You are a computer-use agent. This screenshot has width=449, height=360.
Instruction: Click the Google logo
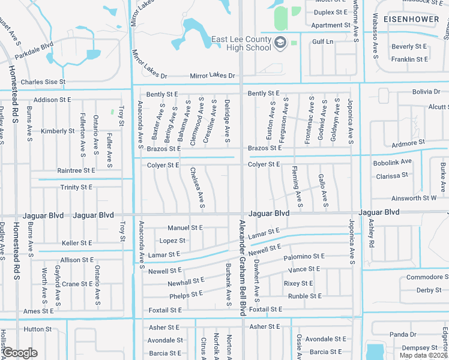pos(20,353)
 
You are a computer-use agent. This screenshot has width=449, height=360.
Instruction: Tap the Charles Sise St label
pos(43,82)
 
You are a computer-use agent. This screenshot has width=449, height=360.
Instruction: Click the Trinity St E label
pos(77,187)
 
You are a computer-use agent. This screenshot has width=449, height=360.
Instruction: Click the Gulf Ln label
pos(322,41)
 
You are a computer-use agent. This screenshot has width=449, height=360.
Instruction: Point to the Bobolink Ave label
pos(393,162)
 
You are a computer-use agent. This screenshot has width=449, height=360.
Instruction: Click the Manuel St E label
pos(185,228)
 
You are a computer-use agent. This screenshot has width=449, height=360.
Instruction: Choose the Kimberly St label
pos(58,131)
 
